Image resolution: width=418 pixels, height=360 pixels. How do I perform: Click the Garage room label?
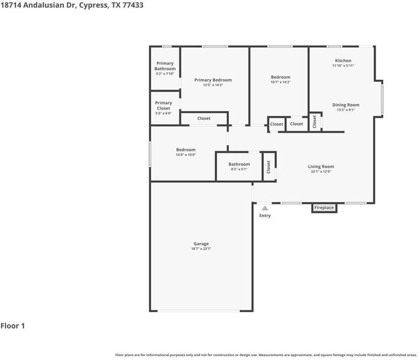pos(201,244)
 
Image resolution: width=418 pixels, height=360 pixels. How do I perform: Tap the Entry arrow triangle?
pos(265,208)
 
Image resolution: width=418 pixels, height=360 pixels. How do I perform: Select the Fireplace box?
pos(324,208)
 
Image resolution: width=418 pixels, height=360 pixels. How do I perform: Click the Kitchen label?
pos(343,60)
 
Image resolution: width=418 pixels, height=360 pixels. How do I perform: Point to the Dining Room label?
pos(345,104)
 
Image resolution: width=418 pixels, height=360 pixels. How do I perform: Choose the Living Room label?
pos(321,167)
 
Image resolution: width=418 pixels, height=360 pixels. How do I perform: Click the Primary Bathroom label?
pos(165,66)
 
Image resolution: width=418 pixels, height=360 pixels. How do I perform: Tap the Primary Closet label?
pos(163,106)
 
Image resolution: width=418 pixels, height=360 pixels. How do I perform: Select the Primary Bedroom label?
pos(213,80)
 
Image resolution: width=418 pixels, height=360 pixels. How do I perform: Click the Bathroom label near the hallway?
pos(239,164)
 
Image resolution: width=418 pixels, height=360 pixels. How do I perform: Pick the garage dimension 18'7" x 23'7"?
pos(201,249)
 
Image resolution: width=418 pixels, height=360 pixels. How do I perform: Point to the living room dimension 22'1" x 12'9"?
pos(321,171)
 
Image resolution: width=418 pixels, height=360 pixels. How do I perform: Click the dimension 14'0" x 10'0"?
pos(186,155)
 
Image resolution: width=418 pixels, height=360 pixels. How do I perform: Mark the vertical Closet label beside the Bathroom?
pos(268,167)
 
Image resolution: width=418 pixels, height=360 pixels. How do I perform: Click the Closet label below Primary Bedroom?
pos(204,118)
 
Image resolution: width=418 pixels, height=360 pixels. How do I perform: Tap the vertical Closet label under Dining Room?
pos(315,122)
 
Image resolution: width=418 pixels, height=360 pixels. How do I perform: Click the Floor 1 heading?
pos(13,326)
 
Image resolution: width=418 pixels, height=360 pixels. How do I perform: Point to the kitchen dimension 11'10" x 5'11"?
pos(343,66)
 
